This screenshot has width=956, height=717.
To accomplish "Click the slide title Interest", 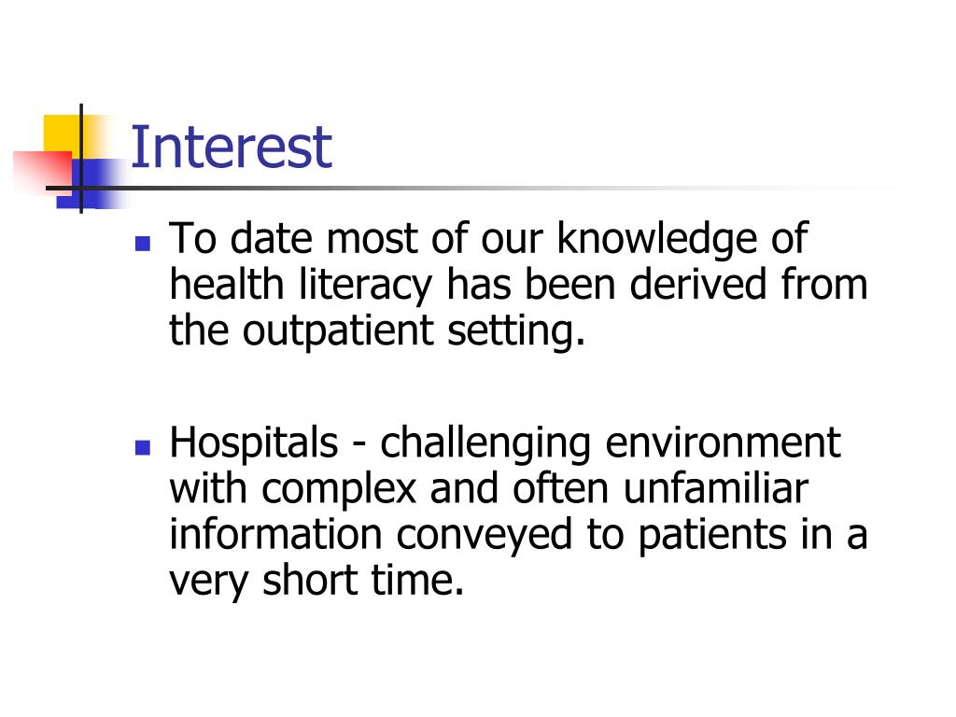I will coord(231,148).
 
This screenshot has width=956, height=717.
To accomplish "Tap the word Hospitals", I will coord(254,443).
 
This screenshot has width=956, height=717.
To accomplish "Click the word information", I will coord(275,535).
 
